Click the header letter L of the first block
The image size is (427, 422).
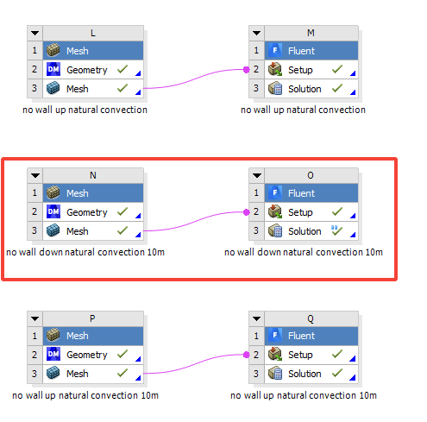pyautogui.click(x=93, y=33)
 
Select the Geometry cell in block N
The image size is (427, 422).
pyautogui.click(x=93, y=212)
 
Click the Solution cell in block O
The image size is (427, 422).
pyautogui.click(x=311, y=231)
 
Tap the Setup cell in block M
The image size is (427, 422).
pyautogui.click(x=311, y=70)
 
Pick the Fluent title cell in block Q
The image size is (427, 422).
pyautogui.click(x=311, y=336)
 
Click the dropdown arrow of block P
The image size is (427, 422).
pyautogui.click(x=35, y=318)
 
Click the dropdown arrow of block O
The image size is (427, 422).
pyautogui.click(x=257, y=175)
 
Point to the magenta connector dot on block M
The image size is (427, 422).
pyautogui.click(x=247, y=70)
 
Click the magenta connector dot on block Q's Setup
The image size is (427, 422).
pyautogui.click(x=247, y=355)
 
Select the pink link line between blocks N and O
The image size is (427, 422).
pyautogui.click(x=195, y=221)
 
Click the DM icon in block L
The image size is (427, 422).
pyautogui.click(x=53, y=69)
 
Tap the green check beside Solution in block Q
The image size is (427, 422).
pyautogui.click(x=337, y=373)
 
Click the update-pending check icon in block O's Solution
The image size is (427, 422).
pyautogui.click(x=336, y=230)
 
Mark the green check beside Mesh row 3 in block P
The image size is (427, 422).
pyautogui.click(x=122, y=373)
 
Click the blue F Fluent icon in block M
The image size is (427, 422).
pyautogui.click(x=275, y=50)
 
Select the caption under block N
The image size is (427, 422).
pyautogui.click(x=85, y=252)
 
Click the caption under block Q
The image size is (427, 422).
pyautogui.click(x=304, y=395)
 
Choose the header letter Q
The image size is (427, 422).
pyautogui.click(x=311, y=318)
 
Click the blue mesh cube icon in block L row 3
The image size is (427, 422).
pyautogui.click(x=53, y=88)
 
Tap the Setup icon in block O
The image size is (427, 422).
pyautogui.click(x=275, y=212)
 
